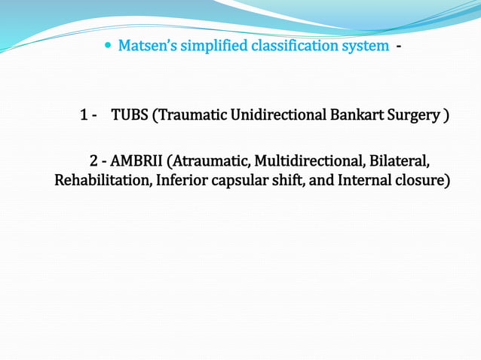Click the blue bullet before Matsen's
coord(108,47)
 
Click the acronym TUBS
coord(130,116)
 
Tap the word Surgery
coord(415,116)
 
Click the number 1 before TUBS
coord(84,116)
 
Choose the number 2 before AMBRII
coord(93,161)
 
